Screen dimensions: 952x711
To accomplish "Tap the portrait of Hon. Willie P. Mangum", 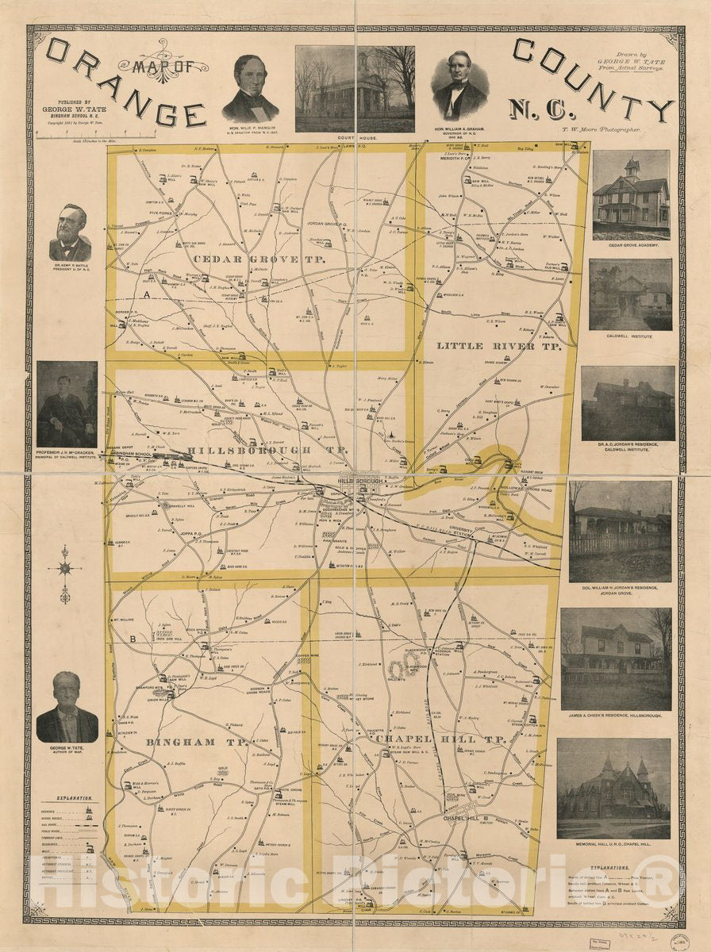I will pos(250,89).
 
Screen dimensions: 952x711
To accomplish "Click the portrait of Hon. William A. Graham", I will pos(459,86).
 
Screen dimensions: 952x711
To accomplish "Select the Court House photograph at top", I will pos(355,88).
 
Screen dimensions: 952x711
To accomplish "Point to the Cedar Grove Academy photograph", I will pos(631,194).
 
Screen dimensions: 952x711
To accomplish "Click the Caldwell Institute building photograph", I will pos(630,294).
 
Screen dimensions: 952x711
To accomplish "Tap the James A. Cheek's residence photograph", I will pos(616,658).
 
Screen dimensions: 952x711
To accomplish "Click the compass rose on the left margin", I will pos(65,570).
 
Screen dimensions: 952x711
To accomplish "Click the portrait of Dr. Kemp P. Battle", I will pos(70,233).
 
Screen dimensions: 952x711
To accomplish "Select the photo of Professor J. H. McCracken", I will pos(67,405).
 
